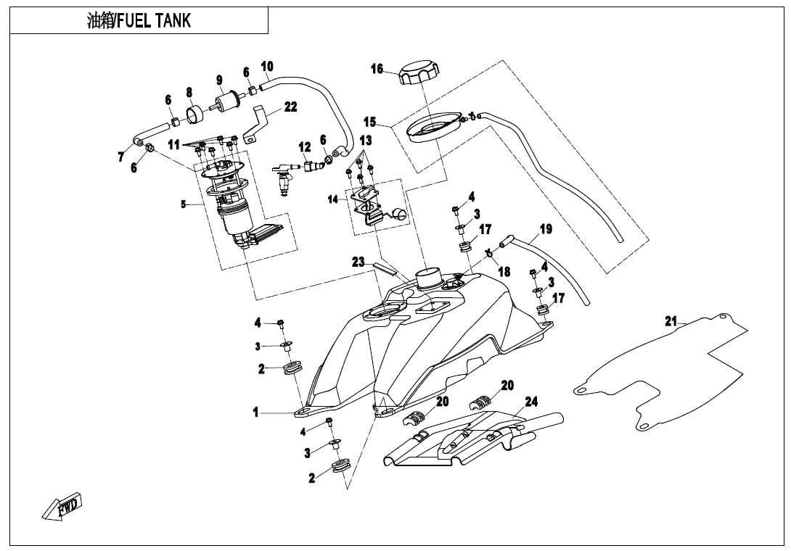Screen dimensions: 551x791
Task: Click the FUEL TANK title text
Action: pos(139,20)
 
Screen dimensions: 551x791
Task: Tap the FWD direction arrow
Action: pos(64,506)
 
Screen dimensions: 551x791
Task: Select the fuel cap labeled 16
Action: pos(419,74)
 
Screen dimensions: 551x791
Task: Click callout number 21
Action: pos(671,321)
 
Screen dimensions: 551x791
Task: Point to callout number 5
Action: pos(184,204)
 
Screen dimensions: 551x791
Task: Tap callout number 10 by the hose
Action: pos(267,67)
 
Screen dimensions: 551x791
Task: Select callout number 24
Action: pos(531,402)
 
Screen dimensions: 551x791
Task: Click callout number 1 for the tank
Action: pos(255,413)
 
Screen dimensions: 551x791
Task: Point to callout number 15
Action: pos(370,121)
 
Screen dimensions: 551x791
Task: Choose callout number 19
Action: pos(546,229)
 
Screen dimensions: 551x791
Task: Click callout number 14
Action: pos(333,199)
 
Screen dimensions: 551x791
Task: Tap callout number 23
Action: pos(358,262)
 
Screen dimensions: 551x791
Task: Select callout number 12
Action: pos(305,147)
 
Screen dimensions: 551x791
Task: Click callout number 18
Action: pos(504,272)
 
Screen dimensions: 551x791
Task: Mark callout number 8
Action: pos(189,93)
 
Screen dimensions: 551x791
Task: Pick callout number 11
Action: pos(174,144)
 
